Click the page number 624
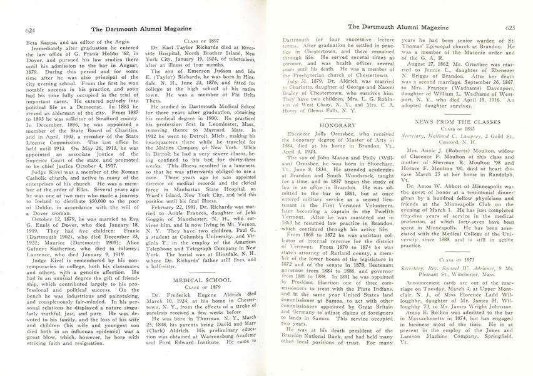coord(15,28)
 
